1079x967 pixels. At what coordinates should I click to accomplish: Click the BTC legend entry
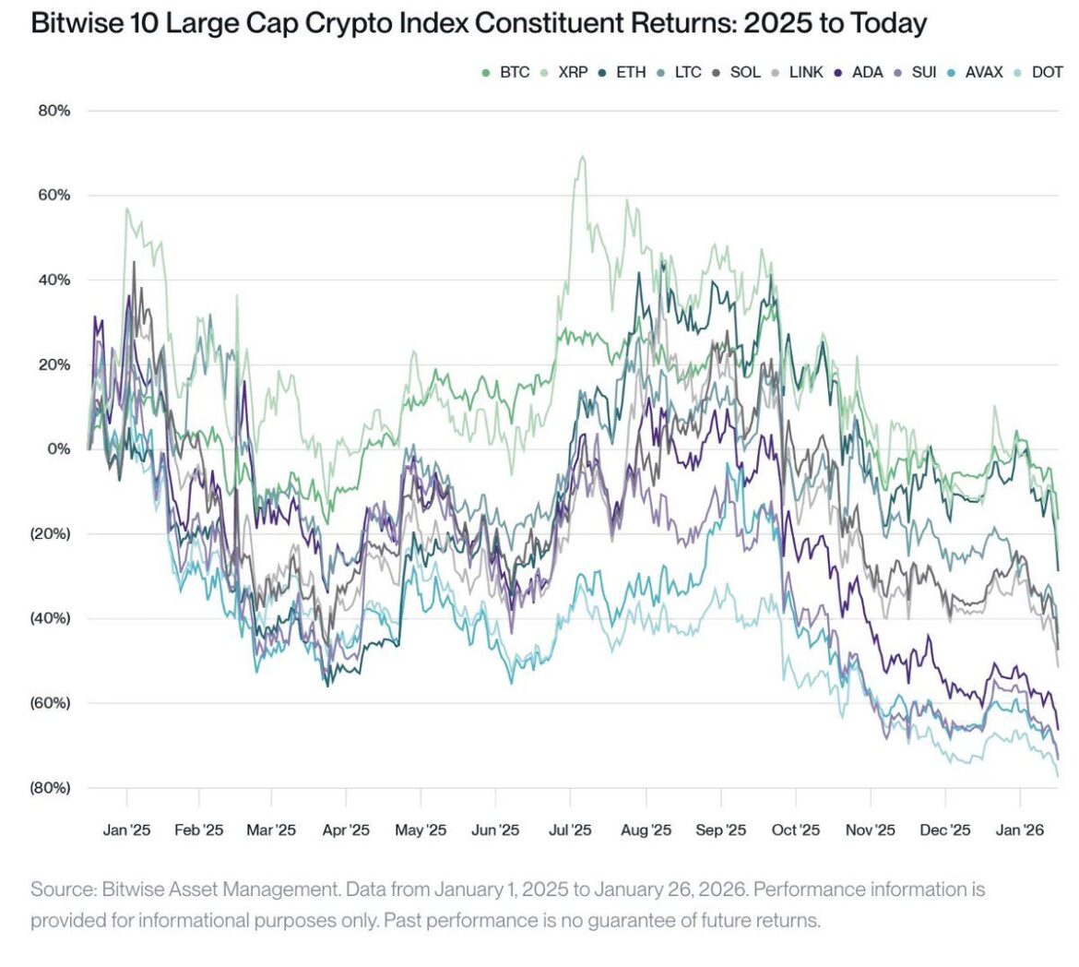(507, 72)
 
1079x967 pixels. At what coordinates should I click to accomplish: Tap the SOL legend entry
(737, 72)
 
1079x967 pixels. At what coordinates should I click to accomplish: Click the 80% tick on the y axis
(53, 112)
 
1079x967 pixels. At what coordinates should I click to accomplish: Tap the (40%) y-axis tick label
(50, 618)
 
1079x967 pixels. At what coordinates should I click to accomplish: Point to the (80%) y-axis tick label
(50, 788)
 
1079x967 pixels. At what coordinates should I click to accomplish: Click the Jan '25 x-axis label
(126, 830)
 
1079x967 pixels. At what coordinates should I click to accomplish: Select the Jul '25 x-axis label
(570, 830)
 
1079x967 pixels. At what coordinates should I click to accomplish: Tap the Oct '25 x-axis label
(795, 830)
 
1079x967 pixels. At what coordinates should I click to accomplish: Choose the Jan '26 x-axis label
(1020, 830)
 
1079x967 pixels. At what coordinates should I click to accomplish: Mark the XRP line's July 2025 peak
(582, 157)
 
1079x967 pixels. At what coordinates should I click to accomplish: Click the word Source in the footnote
(63, 890)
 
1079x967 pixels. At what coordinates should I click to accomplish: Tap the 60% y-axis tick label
(53, 196)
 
